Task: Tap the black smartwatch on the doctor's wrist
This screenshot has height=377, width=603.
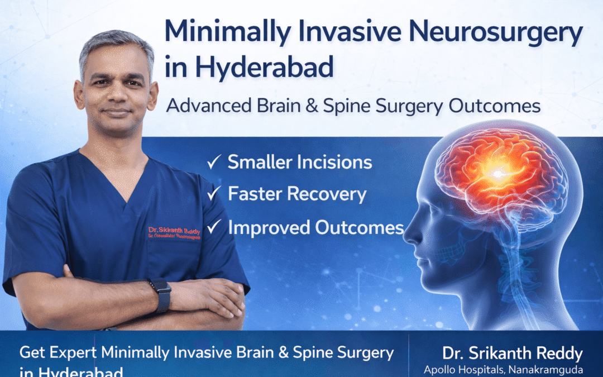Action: (x=162, y=294)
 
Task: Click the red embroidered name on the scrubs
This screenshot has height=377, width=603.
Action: (x=174, y=230)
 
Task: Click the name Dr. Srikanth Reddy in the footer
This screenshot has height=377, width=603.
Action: (x=512, y=354)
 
